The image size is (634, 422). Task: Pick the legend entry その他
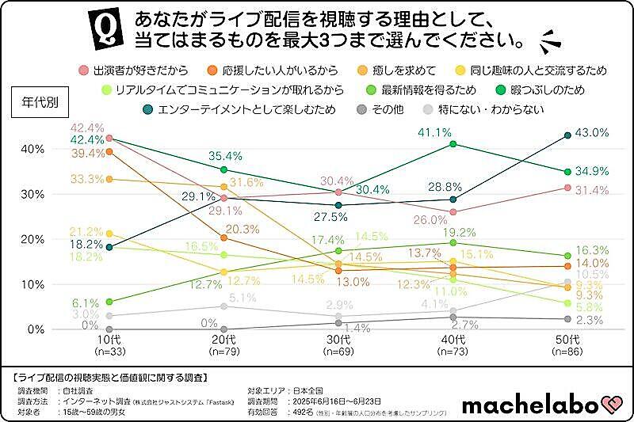pos(384,108)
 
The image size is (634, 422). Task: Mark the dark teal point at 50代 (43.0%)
pos(567,135)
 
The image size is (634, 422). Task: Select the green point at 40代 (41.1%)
pos(453,143)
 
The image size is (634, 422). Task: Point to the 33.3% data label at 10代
pos(88,179)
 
